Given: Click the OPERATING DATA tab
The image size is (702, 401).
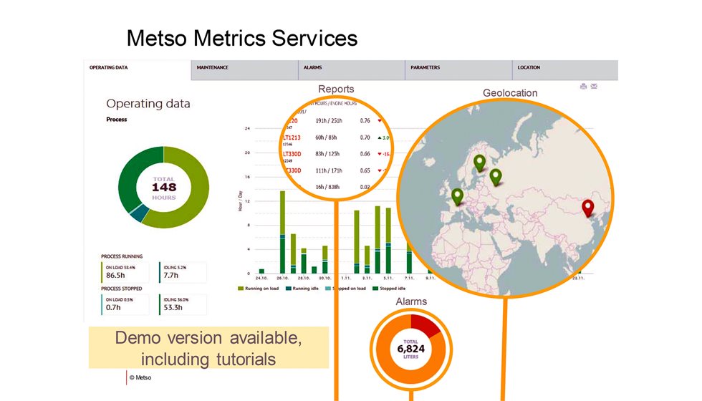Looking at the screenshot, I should click(x=109, y=68).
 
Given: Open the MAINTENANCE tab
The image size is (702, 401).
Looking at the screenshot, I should click(x=213, y=68).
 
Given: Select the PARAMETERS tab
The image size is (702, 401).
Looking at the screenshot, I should click(x=425, y=68).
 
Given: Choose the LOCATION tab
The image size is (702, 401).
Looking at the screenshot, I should click(x=529, y=68).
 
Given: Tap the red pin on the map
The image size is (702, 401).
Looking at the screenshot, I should click(x=588, y=208).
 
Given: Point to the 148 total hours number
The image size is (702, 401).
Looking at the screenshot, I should click(x=163, y=187).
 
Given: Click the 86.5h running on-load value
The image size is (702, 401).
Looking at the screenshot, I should click(x=117, y=274).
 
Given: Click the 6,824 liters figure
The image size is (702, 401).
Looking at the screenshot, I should click(x=411, y=349).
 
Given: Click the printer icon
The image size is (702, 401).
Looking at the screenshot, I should click(x=584, y=87).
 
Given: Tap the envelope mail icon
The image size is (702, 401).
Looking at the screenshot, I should click(x=595, y=87).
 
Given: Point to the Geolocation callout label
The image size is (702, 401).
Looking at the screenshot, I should click(x=510, y=93).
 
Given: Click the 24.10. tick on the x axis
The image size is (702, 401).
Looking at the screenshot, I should click(x=261, y=278).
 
